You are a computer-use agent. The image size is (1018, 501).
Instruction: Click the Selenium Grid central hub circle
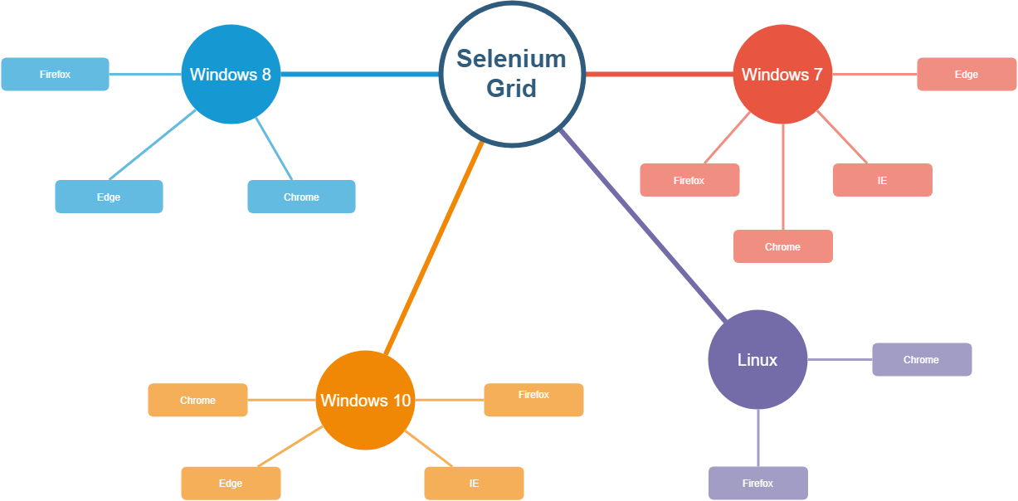tap(511, 75)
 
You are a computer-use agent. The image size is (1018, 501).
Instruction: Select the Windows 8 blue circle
tap(231, 75)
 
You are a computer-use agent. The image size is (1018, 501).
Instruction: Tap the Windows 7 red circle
tap(782, 75)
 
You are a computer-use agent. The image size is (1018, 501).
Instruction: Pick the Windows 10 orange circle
tap(365, 400)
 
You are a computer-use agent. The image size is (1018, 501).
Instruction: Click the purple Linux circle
tap(757, 359)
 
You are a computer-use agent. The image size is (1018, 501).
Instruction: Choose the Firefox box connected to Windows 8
tap(55, 74)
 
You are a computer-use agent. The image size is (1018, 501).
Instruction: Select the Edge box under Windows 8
tap(109, 197)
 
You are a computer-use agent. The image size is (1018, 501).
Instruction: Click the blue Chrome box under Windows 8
tap(301, 197)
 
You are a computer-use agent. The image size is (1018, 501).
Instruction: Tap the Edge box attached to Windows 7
tap(967, 74)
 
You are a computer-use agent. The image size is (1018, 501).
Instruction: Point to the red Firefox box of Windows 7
tap(689, 180)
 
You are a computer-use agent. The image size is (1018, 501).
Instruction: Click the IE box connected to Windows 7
tap(882, 180)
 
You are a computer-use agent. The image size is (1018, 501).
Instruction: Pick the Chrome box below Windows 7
tap(782, 246)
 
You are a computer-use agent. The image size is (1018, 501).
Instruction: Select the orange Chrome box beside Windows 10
tap(197, 400)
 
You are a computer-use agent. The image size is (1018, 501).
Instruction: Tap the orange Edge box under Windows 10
tap(231, 483)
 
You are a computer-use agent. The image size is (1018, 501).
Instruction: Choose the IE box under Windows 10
tap(474, 483)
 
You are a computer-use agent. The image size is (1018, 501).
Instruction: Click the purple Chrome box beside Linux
tap(921, 359)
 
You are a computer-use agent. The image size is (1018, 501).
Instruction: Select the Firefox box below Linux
tap(757, 483)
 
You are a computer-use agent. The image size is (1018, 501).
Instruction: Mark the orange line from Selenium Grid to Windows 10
tap(433, 249)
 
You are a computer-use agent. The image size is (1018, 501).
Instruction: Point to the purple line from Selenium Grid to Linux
tap(643, 225)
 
